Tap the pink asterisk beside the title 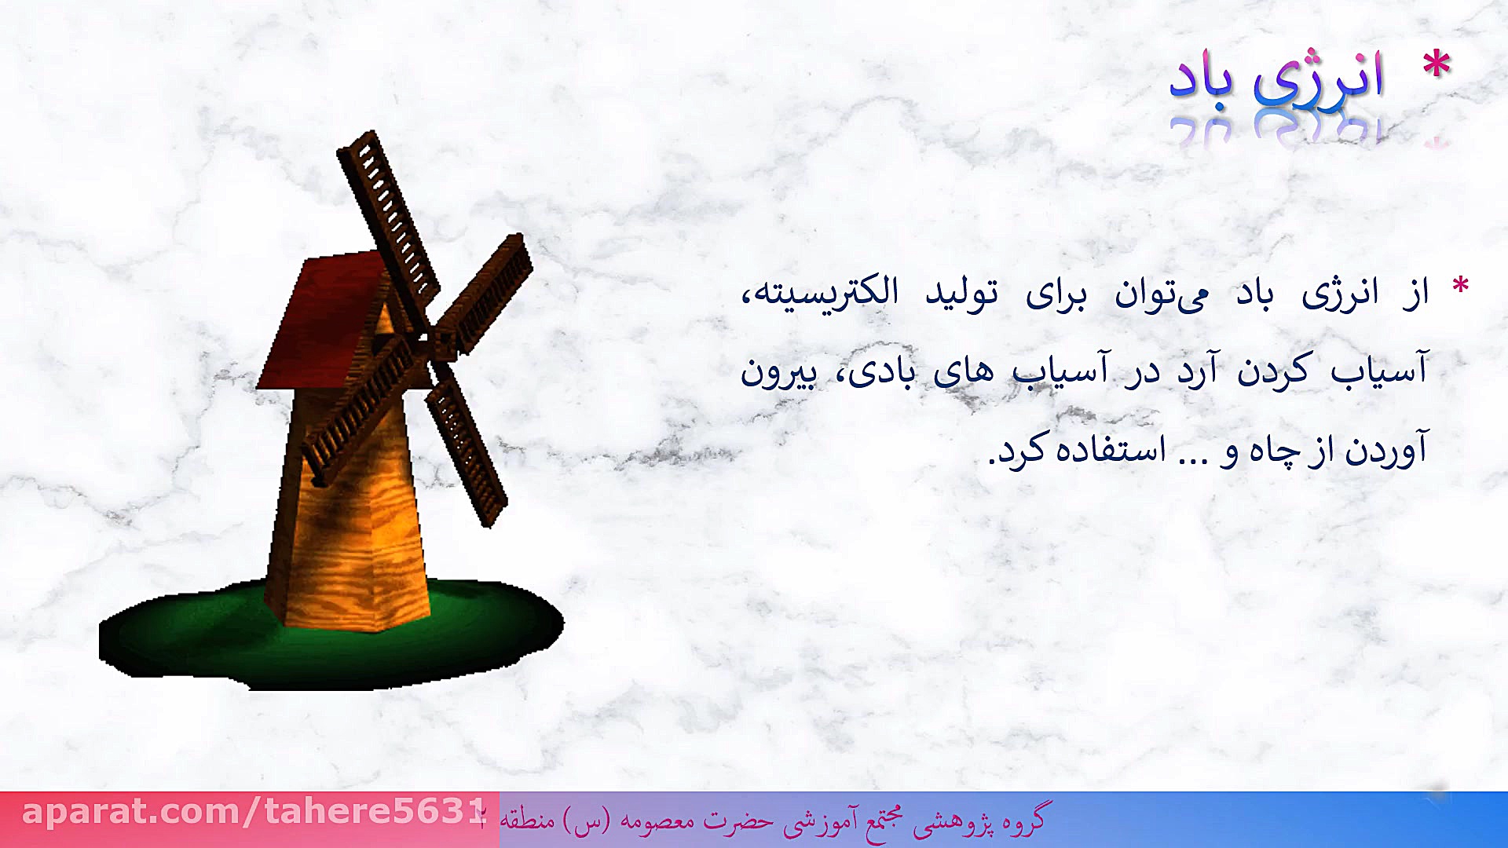pyautogui.click(x=1437, y=65)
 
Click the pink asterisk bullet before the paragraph pyautogui.click(x=1460, y=286)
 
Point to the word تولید pyautogui.click(x=961, y=294)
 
